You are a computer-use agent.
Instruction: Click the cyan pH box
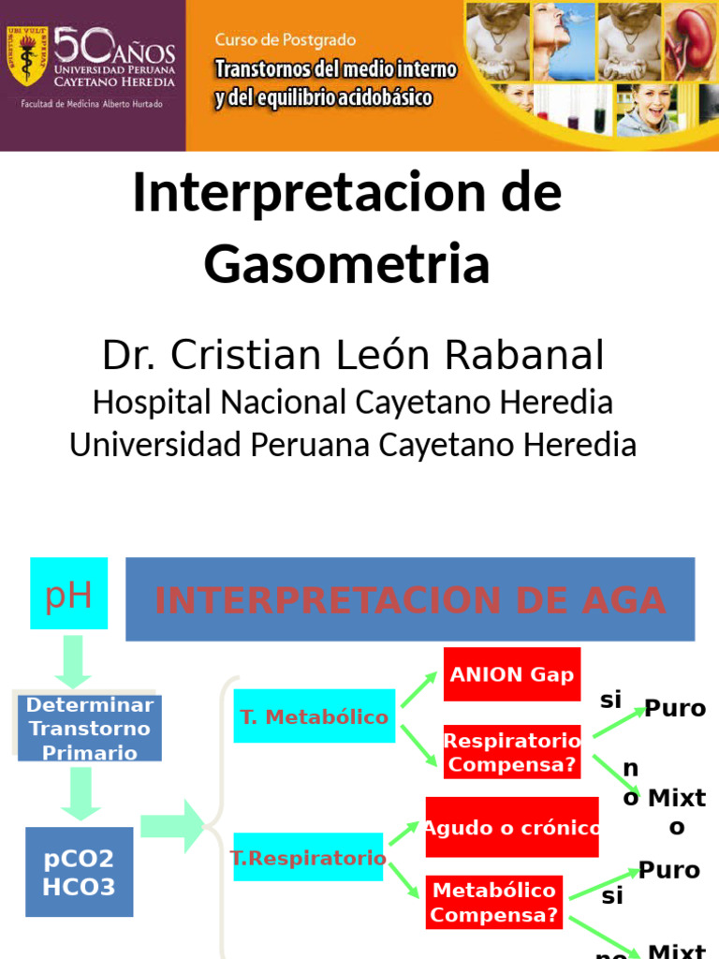(x=68, y=593)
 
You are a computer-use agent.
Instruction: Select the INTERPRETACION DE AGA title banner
(x=410, y=599)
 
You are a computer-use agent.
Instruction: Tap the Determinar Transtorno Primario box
(x=89, y=728)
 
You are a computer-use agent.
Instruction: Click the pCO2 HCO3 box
(x=79, y=871)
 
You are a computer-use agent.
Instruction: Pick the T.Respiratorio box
(x=308, y=857)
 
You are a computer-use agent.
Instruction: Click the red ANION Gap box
(x=511, y=674)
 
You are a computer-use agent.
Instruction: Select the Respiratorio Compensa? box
(x=511, y=752)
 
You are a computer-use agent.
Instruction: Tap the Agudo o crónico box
(x=511, y=827)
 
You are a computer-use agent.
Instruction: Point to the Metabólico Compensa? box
(x=495, y=902)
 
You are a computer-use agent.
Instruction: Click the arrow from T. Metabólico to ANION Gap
(x=419, y=689)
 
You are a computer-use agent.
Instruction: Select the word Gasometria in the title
(x=347, y=263)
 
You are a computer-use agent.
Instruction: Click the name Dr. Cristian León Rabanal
(x=353, y=356)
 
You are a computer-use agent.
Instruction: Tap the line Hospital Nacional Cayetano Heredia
(x=353, y=403)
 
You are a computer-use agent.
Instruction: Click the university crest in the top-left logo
(x=26, y=57)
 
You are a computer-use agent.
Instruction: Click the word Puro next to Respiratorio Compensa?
(x=675, y=708)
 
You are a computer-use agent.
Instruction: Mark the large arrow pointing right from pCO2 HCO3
(x=174, y=826)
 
